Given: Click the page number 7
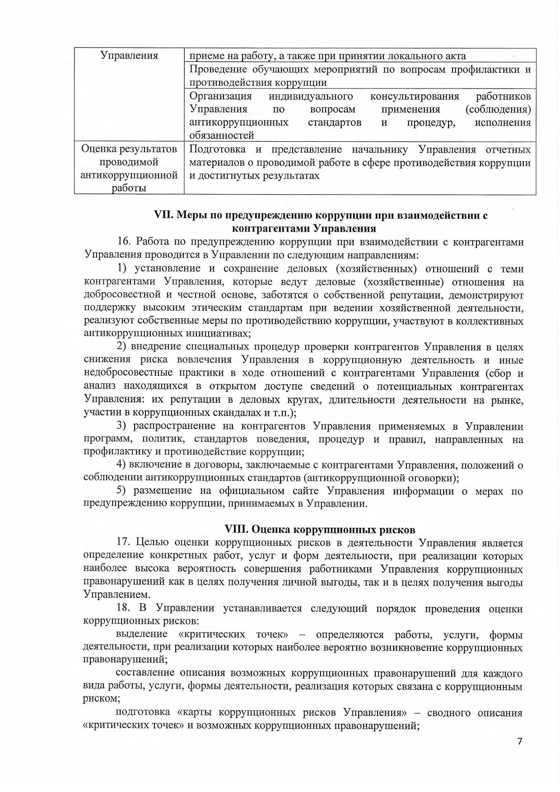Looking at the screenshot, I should point(520,741).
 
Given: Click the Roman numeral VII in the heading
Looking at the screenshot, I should point(162,215).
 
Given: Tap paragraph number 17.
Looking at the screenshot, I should point(124,543).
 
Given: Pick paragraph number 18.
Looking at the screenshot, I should point(124,608).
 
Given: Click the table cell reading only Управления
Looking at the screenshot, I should point(129,56).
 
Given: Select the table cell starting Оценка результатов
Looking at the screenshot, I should point(129,168).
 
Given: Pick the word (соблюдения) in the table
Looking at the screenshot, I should point(498,109).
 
